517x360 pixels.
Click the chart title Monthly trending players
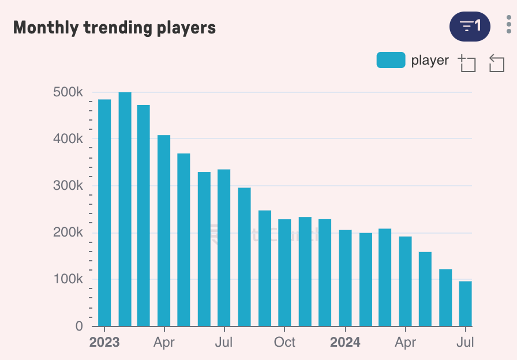114,27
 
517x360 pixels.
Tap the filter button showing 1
470,26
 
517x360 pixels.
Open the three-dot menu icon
508,25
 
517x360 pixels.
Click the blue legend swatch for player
391,60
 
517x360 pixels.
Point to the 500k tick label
68,92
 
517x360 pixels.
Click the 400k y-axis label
68,139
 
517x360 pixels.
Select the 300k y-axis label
68,186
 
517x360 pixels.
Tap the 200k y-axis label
68,232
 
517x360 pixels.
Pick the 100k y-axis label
68,279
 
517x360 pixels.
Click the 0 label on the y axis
78,327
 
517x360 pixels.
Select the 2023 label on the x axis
104,342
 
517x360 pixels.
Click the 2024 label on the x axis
345,342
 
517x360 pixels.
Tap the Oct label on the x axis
284,342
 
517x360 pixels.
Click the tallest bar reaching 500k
125,209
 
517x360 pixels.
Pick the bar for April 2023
164,230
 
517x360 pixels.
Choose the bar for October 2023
284,272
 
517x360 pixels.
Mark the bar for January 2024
345,277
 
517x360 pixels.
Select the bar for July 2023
224,247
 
